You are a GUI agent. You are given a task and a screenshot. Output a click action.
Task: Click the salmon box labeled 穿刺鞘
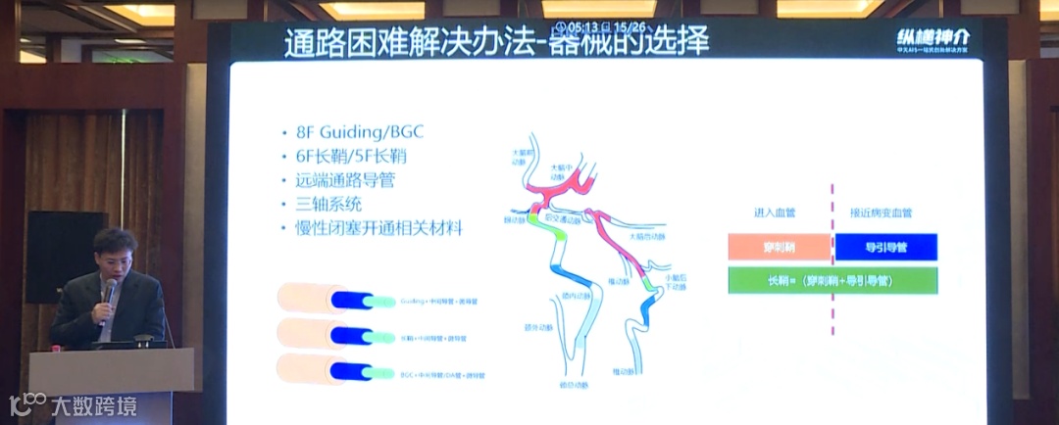(780, 248)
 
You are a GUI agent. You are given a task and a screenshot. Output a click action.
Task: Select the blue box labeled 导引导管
(886, 248)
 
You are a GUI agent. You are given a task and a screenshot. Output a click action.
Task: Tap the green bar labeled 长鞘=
(832, 281)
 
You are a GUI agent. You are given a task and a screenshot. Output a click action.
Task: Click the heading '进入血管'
(776, 212)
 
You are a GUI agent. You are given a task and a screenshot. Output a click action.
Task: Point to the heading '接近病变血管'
(881, 212)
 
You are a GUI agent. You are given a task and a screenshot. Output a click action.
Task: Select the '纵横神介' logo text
(933, 37)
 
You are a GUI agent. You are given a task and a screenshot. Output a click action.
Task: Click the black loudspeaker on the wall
(64, 257)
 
